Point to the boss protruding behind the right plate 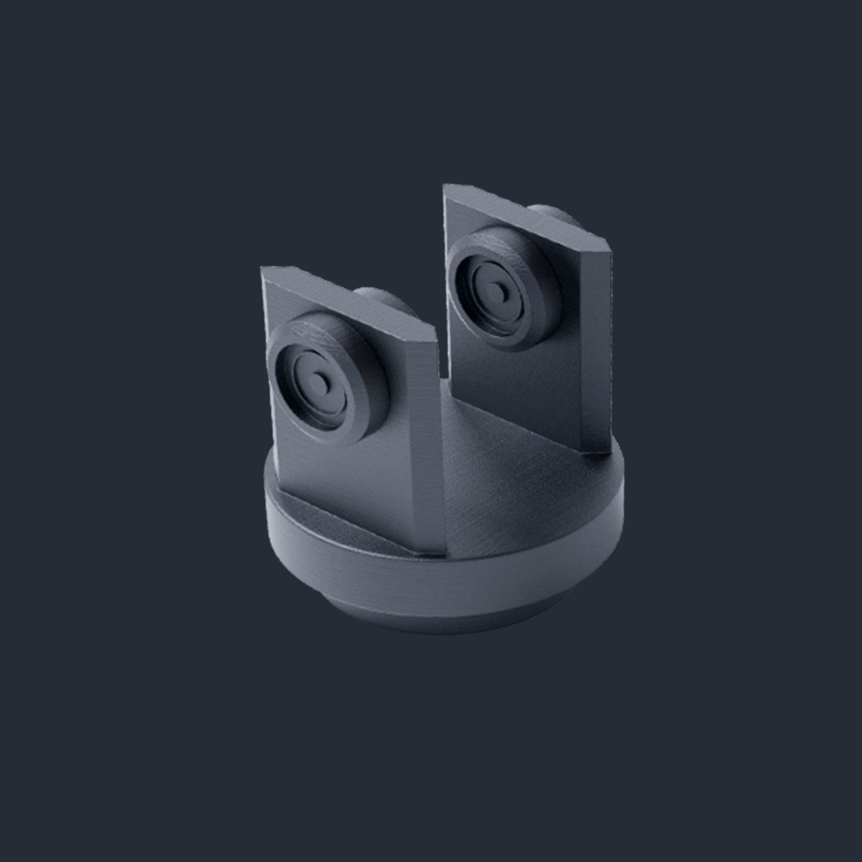(x=553, y=213)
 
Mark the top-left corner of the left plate (x=262, y=269)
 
